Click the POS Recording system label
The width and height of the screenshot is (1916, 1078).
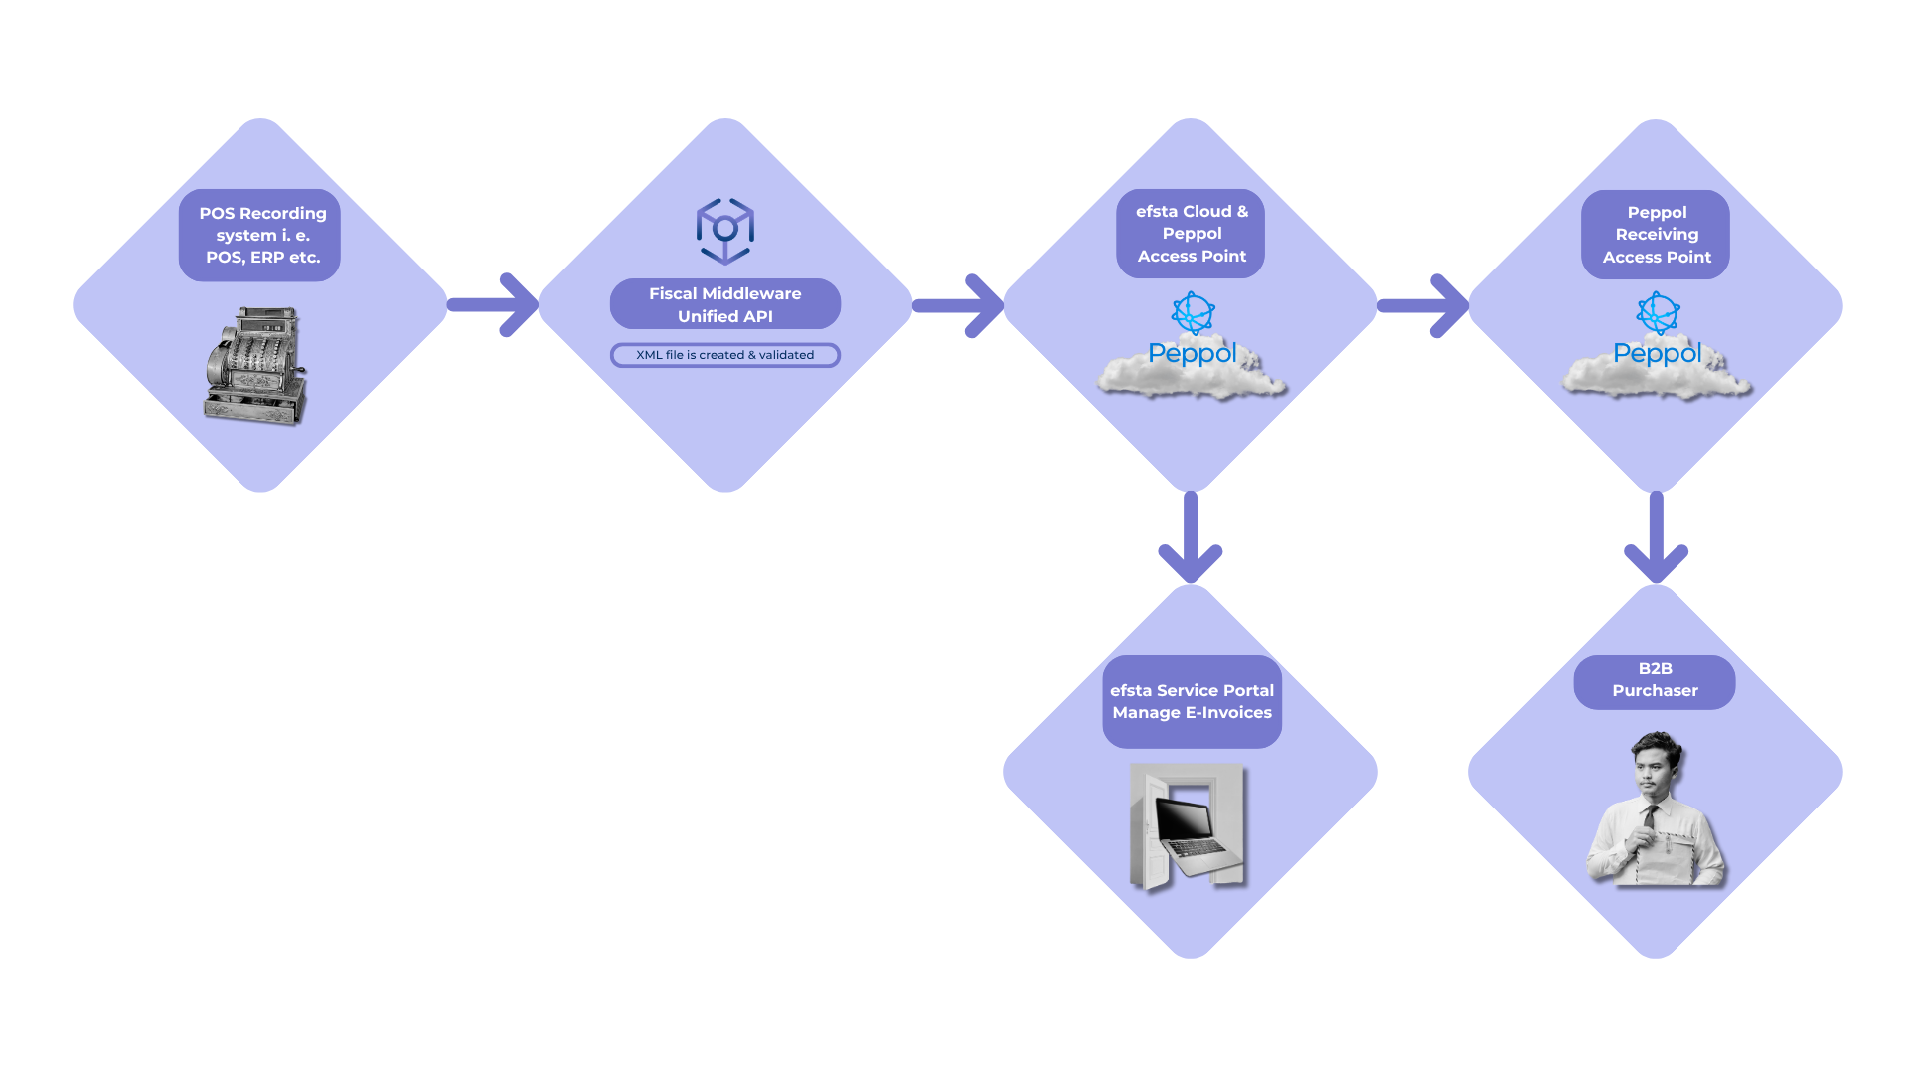[x=260, y=235]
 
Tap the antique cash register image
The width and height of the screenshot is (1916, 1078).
[x=254, y=366]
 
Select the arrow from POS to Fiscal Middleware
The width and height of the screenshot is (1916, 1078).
[x=494, y=305]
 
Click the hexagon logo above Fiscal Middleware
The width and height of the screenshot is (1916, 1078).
[x=725, y=230]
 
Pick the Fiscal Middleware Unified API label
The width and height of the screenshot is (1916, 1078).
[x=725, y=304]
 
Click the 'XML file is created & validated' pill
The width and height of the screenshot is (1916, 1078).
[x=725, y=355]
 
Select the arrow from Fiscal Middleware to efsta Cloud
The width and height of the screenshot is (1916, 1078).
[x=959, y=305]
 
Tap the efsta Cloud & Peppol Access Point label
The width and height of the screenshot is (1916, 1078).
[x=1191, y=234]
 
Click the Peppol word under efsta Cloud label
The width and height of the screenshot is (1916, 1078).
[x=1192, y=353]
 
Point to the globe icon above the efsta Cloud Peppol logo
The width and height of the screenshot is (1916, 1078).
[x=1193, y=312]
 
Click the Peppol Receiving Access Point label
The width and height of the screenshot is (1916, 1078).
[x=1656, y=235]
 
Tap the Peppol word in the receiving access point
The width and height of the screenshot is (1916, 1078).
[x=1657, y=353]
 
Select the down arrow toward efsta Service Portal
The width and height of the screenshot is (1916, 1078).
[x=1191, y=539]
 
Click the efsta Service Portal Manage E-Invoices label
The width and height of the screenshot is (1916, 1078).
[x=1192, y=701]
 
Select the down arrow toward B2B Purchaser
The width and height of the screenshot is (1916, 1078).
[x=1656, y=539]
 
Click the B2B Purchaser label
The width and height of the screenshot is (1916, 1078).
[x=1655, y=680]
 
